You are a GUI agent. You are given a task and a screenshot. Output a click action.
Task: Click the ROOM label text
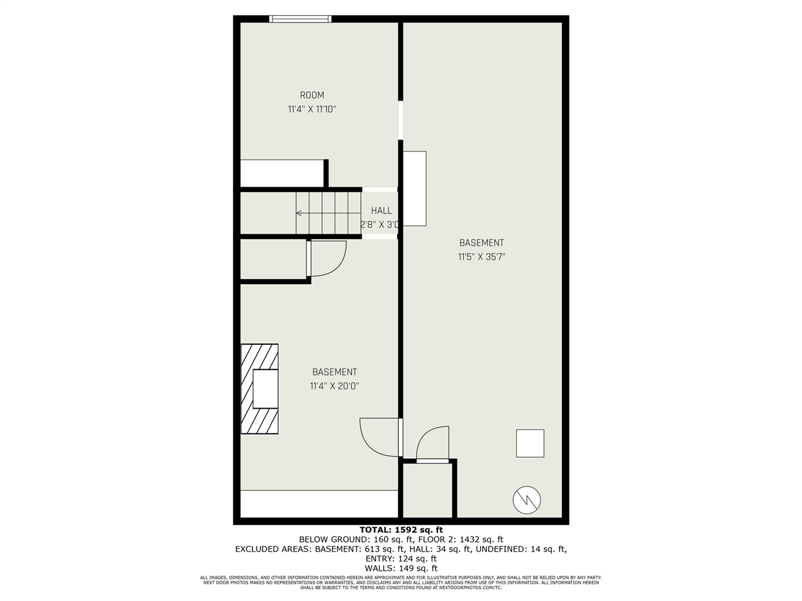coord(311,95)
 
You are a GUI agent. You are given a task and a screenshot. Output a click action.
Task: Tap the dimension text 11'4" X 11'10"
coord(311,109)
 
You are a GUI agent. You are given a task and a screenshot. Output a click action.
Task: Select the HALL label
coord(381,210)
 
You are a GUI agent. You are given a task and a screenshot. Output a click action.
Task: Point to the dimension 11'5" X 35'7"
coord(481,257)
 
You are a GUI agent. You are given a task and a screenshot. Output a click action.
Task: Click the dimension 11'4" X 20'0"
coord(335,386)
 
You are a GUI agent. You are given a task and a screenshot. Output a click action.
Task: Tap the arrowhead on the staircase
coord(299,213)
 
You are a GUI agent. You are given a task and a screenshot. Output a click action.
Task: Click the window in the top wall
coord(300,19)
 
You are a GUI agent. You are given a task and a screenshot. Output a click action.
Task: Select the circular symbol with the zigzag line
coord(526,500)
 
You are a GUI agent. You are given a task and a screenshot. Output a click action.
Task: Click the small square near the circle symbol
coord(530,443)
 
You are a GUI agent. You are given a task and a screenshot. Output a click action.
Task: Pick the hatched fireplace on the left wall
coord(259,389)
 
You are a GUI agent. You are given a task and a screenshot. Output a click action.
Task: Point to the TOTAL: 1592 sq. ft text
coord(401,530)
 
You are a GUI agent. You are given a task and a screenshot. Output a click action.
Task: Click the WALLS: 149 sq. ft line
coord(401,568)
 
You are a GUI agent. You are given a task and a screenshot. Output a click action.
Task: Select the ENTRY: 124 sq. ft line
coord(401,558)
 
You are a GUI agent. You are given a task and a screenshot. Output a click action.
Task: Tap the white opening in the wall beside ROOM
coord(400,120)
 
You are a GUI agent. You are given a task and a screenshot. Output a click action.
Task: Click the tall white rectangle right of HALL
coord(414,188)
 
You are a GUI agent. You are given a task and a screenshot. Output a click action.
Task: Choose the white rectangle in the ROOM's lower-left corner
coord(282,173)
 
